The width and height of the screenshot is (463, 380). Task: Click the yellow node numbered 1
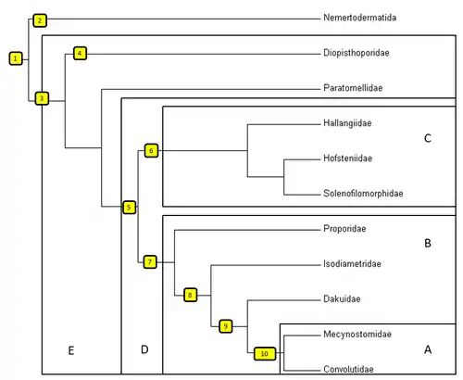click(x=16, y=58)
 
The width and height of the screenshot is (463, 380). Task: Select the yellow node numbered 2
click(x=40, y=20)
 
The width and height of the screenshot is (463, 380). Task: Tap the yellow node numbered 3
click(x=42, y=98)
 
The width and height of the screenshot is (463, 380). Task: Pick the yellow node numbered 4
click(x=80, y=53)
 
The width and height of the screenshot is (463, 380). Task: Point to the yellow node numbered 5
click(x=129, y=208)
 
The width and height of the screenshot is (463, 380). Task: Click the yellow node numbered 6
click(x=151, y=150)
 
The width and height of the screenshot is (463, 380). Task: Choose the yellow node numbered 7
click(x=150, y=262)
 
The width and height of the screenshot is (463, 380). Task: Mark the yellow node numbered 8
click(x=190, y=295)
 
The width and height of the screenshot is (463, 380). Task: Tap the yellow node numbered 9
click(x=226, y=326)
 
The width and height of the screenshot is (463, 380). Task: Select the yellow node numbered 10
click(x=265, y=353)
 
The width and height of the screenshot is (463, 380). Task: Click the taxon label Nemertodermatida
click(x=360, y=18)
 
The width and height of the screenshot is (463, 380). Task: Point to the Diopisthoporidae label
click(x=357, y=53)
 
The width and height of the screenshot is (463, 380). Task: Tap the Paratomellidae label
click(x=353, y=88)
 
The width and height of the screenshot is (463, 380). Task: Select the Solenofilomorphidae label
click(x=363, y=194)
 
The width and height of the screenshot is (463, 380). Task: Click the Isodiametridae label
click(x=352, y=264)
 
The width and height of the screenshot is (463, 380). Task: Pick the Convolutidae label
click(x=348, y=369)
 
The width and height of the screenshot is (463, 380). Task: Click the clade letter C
click(x=428, y=138)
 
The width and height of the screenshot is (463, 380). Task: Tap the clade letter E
click(x=71, y=350)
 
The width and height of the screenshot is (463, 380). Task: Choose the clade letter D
click(x=144, y=349)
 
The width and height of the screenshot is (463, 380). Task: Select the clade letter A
click(x=428, y=349)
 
